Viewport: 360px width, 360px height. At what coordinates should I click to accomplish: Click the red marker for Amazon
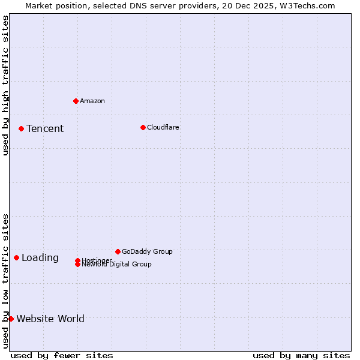[x=76, y=101]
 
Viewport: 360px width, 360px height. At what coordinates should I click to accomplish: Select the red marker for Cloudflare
[x=143, y=127]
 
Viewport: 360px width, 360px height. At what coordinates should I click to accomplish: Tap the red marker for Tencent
[x=21, y=128]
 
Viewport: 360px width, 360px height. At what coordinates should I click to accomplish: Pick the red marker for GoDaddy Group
[x=118, y=251]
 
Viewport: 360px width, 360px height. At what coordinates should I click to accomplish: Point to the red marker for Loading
[x=16, y=257]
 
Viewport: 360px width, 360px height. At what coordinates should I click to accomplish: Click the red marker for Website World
[x=11, y=319]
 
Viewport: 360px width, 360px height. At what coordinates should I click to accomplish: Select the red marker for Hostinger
[x=77, y=260]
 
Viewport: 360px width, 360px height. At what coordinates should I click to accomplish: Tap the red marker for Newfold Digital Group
[x=77, y=265]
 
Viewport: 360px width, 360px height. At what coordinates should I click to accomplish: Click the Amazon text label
[x=92, y=101]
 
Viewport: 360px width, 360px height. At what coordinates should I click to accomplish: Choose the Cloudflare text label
[x=163, y=127]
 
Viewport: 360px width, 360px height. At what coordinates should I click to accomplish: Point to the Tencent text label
[x=45, y=128]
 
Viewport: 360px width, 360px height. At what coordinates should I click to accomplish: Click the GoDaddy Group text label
[x=147, y=251]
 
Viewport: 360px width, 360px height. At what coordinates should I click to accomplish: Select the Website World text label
[x=50, y=319]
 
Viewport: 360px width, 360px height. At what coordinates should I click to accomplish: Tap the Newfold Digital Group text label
[x=117, y=265]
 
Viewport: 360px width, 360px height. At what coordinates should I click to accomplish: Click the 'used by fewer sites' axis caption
[x=62, y=355]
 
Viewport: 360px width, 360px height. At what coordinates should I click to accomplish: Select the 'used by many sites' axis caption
[x=301, y=355]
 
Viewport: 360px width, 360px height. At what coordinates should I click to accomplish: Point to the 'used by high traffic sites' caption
[x=5, y=85]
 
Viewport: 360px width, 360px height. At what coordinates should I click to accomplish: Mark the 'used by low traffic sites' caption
[x=5, y=281]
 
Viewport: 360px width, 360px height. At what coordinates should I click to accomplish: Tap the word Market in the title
[x=38, y=5]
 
